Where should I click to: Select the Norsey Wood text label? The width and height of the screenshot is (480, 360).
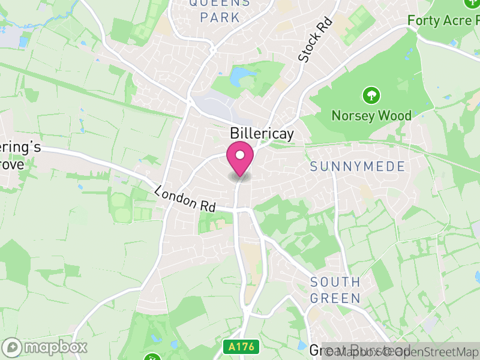(371, 115)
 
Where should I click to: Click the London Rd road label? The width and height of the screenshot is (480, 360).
(185, 198)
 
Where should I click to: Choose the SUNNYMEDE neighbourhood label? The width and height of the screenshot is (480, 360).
(358, 166)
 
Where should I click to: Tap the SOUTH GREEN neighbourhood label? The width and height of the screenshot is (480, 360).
(335, 290)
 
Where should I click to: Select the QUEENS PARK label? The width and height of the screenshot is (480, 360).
(220, 10)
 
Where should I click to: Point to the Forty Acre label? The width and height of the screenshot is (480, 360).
(443, 20)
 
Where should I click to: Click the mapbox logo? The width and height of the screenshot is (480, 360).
(46, 347)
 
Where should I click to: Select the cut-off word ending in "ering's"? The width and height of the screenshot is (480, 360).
(20, 148)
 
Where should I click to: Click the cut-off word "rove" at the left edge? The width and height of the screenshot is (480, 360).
(12, 163)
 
